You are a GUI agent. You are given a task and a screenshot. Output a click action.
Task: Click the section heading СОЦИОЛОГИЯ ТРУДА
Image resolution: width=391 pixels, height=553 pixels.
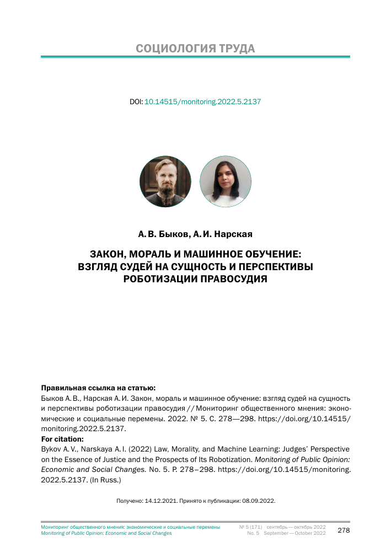[x=195, y=48]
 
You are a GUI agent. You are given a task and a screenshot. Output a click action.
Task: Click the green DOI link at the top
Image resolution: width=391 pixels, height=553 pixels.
[x=202, y=102]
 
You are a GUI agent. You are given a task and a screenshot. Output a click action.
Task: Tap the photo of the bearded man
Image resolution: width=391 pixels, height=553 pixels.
[x=165, y=181]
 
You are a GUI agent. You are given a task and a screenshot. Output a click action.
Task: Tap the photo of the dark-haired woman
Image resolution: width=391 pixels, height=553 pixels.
[x=225, y=181]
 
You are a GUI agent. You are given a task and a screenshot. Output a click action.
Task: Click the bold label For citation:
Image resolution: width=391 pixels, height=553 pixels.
[x=61, y=439]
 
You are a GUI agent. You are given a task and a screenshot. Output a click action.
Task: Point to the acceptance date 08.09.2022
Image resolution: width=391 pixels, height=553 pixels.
[x=258, y=501]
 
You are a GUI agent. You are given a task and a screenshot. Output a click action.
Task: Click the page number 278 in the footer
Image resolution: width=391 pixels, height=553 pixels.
[x=344, y=530]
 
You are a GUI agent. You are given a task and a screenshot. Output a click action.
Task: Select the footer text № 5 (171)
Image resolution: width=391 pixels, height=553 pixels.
[x=250, y=527]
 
